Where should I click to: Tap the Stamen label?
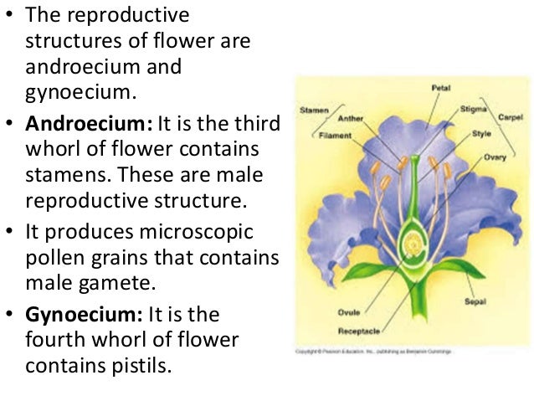pyautogui.click(x=314, y=109)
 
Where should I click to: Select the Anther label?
pyautogui.click(x=352, y=118)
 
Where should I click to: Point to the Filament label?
pyautogui.click(x=339, y=132)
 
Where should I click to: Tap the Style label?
pyautogui.click(x=481, y=132)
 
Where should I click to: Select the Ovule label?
pyautogui.click(x=349, y=314)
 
